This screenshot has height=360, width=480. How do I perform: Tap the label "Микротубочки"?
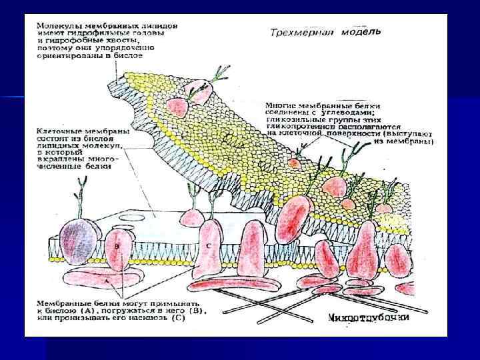[369, 319]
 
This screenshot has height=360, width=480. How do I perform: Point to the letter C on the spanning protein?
[209, 244]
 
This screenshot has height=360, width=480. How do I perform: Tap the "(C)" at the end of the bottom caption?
[177, 317]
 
